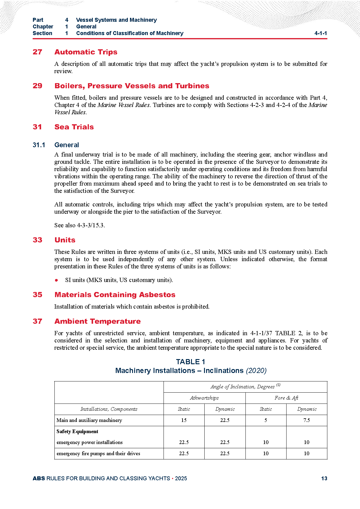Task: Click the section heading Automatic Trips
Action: (x=86, y=52)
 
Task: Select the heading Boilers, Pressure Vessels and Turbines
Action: (x=132, y=86)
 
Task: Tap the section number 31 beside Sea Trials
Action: (x=37, y=127)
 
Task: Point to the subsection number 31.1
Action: (x=39, y=145)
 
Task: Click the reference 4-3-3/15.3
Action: (x=91, y=225)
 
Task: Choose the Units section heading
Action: (x=65, y=240)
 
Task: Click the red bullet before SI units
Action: (x=57, y=280)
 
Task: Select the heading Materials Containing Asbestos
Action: (x=115, y=295)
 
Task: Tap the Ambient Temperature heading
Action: (x=97, y=321)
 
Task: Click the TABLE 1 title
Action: (x=191, y=362)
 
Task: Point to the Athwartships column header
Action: (x=204, y=398)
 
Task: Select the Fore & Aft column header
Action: (x=286, y=398)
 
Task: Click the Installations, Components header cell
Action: (x=109, y=409)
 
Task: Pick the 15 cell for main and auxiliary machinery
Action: (x=184, y=420)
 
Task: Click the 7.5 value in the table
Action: (x=306, y=420)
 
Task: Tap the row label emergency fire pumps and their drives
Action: (x=98, y=454)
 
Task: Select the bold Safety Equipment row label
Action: (x=77, y=432)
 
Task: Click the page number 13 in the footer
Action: (x=324, y=478)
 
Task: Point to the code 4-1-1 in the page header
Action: (x=321, y=33)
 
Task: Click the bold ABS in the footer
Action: (x=39, y=478)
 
